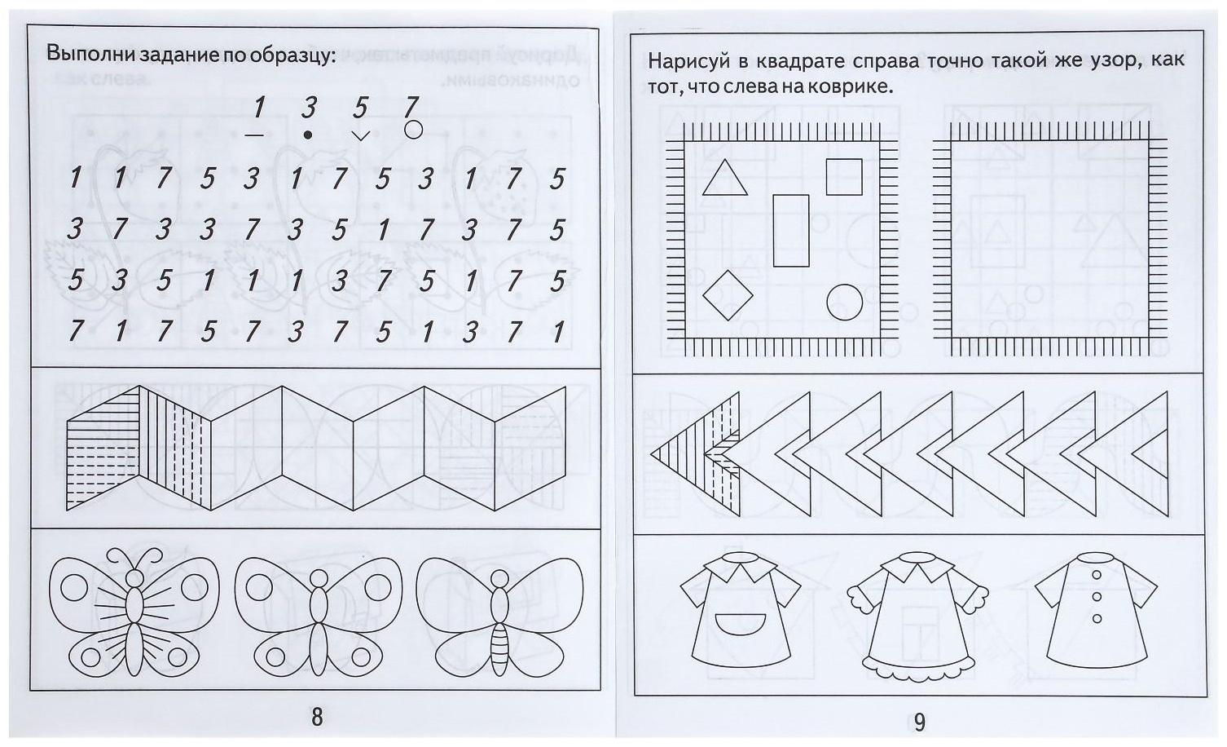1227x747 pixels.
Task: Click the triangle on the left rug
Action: pyautogui.click(x=724, y=178)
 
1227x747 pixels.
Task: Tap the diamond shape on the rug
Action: pyautogui.click(x=728, y=295)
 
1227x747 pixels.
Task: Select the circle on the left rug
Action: pyautogui.click(x=844, y=303)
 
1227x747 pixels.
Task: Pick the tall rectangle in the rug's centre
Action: pyautogui.click(x=791, y=230)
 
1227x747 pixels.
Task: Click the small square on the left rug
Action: pyautogui.click(x=844, y=177)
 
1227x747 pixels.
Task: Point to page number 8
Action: pyautogui.click(x=317, y=717)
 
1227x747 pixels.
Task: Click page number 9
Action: pyautogui.click(x=920, y=722)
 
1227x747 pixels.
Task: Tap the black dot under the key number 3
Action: pyautogui.click(x=308, y=135)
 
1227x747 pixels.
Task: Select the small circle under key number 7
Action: pyautogui.click(x=413, y=130)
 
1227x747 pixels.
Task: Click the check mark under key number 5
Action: pyautogui.click(x=360, y=135)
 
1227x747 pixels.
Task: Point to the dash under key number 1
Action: pyautogui.click(x=254, y=135)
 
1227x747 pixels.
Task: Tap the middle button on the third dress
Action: pyautogui.click(x=1097, y=596)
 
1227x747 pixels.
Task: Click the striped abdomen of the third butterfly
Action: pyautogui.click(x=499, y=649)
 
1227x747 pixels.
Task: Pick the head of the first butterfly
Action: pyautogui.click(x=134, y=578)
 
